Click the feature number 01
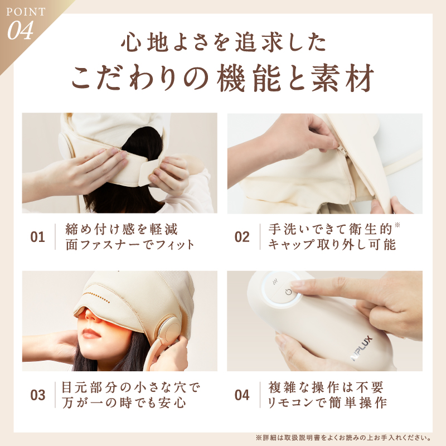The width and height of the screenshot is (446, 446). click(37, 237)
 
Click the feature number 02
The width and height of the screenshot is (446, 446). click(242, 237)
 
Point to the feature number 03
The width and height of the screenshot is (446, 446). click(37, 395)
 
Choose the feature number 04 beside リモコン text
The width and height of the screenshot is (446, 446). click(242, 395)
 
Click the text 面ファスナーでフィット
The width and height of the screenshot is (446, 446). click(129, 245)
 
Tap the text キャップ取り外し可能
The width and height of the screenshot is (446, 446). click(332, 245)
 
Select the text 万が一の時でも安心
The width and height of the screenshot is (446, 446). click(124, 403)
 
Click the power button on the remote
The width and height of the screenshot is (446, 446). click(288, 292)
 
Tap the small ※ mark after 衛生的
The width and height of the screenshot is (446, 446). click(397, 226)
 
